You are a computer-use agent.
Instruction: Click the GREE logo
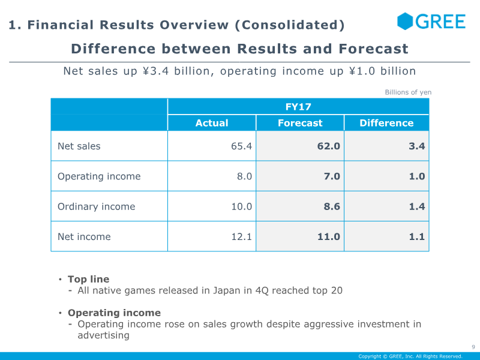[x=431, y=22]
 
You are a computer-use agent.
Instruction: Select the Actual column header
[x=212, y=123]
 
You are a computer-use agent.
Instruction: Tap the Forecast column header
[x=300, y=123]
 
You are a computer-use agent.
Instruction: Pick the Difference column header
[x=386, y=123]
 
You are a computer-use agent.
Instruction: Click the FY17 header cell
[x=298, y=107]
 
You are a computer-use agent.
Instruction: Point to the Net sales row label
[x=79, y=146]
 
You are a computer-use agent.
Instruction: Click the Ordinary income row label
[x=97, y=206]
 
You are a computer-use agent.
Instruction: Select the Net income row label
[x=84, y=236]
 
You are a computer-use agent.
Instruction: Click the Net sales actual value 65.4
[x=241, y=146]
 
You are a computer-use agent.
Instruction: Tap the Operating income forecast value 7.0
[x=332, y=176]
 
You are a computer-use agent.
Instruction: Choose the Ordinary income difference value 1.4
[x=417, y=206]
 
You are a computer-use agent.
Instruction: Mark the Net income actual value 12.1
[x=241, y=236]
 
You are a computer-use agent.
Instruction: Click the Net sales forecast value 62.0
[x=329, y=146]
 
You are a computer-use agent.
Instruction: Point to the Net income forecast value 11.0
[x=329, y=236]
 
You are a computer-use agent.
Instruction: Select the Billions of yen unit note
[x=408, y=92]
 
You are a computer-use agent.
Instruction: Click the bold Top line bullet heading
[x=88, y=279]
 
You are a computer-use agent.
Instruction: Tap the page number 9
[x=473, y=347]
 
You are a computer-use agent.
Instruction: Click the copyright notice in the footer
[x=410, y=356]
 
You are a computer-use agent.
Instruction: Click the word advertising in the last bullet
[x=103, y=335]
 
